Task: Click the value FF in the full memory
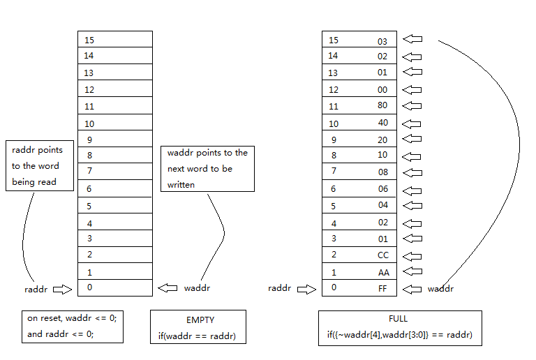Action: point(382,287)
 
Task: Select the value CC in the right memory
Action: point(382,255)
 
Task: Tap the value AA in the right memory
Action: point(382,271)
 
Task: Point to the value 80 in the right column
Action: point(382,106)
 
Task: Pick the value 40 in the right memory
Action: point(382,123)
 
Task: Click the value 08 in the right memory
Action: point(382,172)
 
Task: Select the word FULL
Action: point(399,320)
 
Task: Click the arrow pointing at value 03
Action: point(413,39)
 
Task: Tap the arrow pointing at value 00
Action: point(413,89)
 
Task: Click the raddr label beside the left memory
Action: point(36,288)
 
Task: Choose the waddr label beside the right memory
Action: point(440,288)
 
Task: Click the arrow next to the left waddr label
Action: point(167,287)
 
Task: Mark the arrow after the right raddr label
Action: point(306,288)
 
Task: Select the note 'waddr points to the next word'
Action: point(207,168)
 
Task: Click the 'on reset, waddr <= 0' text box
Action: point(72,326)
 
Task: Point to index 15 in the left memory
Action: point(89,40)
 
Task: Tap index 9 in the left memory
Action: point(89,139)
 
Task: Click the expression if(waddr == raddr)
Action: point(198,337)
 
